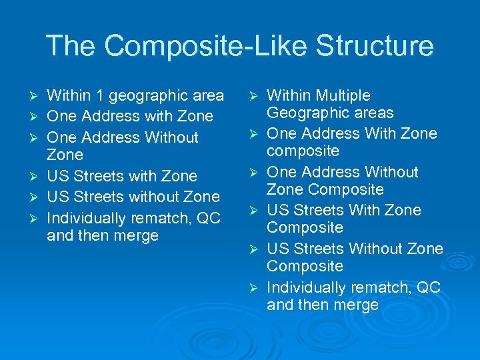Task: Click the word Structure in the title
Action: [374, 46]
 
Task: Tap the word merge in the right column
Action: [357, 305]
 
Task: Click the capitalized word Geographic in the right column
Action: [305, 113]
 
